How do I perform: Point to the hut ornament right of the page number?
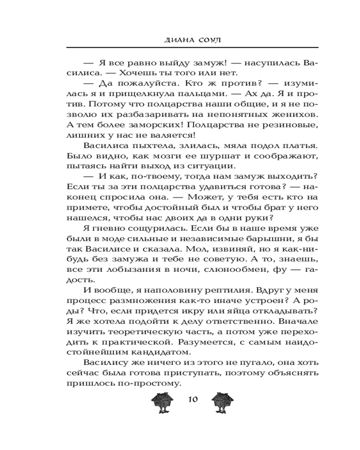pyautogui.click(x=220, y=401)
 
